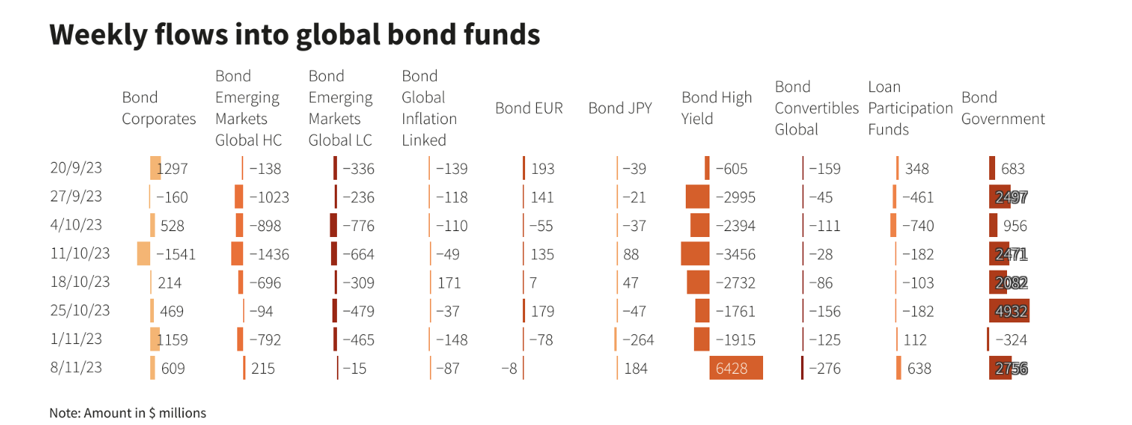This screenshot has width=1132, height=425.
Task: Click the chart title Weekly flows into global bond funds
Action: click(x=295, y=35)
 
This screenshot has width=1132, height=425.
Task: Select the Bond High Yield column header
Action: click(x=716, y=108)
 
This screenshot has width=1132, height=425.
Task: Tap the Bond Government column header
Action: click(x=1003, y=108)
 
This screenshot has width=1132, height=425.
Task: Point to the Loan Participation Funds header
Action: click(x=910, y=108)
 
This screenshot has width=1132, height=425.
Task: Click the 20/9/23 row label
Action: click(x=76, y=168)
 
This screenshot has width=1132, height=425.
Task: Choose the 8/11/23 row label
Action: click(x=76, y=367)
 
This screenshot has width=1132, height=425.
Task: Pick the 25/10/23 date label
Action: click(x=80, y=311)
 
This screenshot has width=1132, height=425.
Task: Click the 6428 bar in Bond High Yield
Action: click(x=736, y=368)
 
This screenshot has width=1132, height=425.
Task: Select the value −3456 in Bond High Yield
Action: click(x=735, y=254)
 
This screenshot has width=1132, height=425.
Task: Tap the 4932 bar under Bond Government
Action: click(x=1009, y=311)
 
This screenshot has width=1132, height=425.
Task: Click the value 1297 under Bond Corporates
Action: click(x=173, y=169)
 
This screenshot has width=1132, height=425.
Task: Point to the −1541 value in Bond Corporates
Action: click(x=176, y=254)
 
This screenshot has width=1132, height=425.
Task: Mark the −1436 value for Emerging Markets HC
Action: click(x=268, y=254)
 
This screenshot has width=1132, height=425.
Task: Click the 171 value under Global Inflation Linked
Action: click(x=448, y=282)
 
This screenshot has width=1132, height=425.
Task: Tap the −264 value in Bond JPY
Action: click(x=638, y=340)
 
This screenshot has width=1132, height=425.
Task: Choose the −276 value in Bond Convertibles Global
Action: click(x=825, y=368)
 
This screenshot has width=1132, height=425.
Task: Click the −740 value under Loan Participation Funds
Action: click(x=918, y=226)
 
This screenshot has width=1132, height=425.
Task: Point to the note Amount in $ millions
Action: click(x=127, y=412)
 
